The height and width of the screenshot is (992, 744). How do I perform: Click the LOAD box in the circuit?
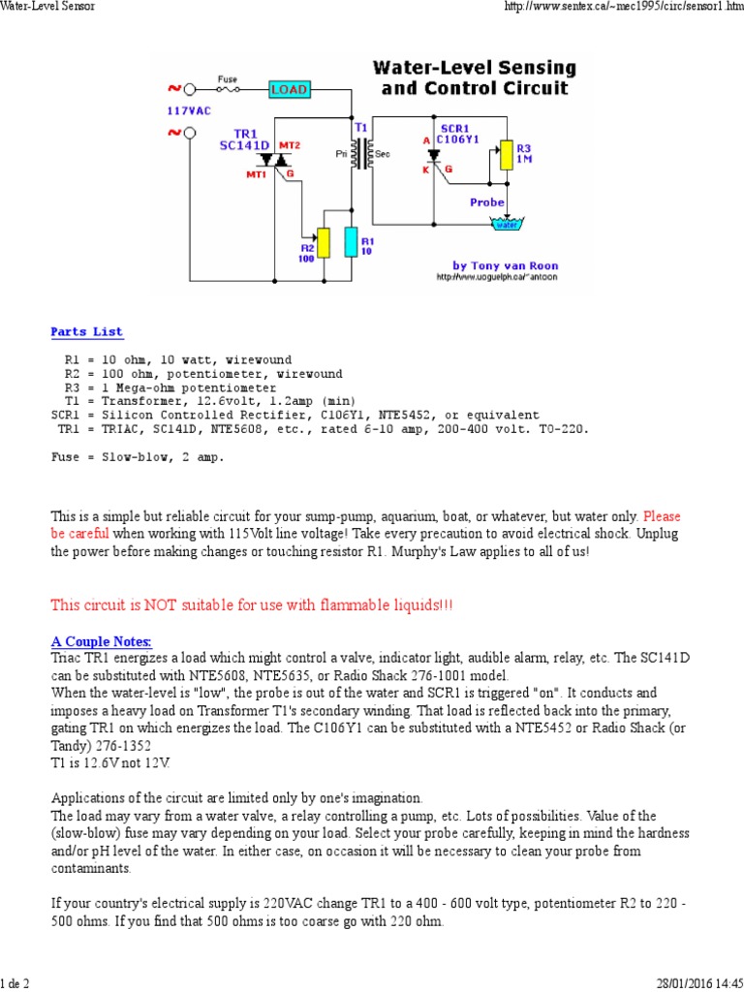(x=289, y=90)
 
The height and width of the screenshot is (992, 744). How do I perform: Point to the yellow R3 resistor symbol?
(x=504, y=155)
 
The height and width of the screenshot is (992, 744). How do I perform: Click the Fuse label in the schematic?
(x=228, y=78)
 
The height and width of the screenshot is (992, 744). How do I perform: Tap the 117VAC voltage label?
(x=188, y=111)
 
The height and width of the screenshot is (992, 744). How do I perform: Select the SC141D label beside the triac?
(x=245, y=144)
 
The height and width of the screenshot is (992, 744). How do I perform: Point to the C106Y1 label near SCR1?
(x=464, y=139)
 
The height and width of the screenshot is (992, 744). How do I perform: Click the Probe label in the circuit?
(x=486, y=202)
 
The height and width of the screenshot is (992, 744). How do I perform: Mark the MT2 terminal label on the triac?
(x=290, y=145)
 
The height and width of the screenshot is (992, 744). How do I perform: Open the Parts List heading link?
(x=87, y=331)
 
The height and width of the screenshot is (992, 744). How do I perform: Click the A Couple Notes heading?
(x=101, y=641)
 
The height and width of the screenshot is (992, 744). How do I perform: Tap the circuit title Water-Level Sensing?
(x=475, y=69)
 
